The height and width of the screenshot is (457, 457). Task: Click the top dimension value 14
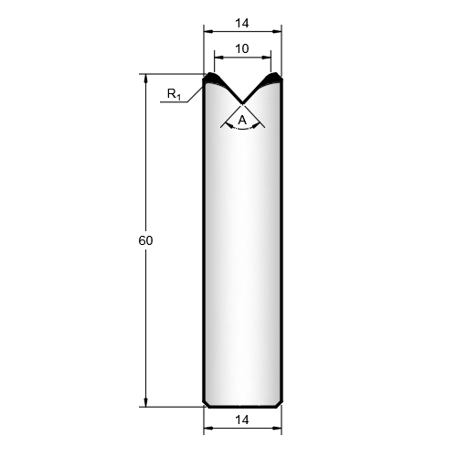click(242, 23)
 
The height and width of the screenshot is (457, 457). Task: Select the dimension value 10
click(242, 48)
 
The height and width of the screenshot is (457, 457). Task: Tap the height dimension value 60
click(145, 240)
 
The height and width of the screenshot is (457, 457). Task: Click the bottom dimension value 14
click(242, 420)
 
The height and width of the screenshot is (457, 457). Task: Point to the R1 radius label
click(174, 94)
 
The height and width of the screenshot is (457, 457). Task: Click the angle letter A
click(242, 121)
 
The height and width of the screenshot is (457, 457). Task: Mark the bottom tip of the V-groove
click(242, 103)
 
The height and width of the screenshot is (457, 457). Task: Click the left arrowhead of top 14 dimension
click(208, 31)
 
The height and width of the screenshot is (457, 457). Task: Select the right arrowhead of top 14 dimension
click(277, 31)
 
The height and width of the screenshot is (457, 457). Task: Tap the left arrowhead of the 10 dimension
click(218, 57)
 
